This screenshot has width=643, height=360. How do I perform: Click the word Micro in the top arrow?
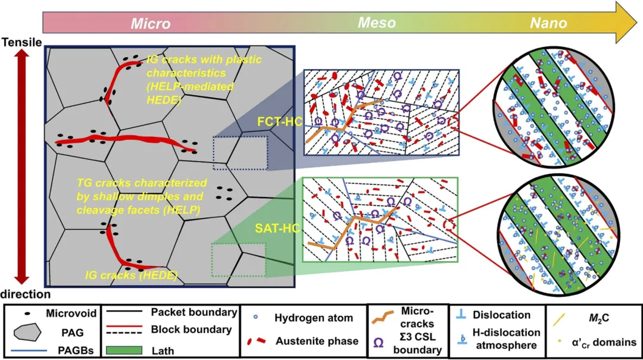click(x=151, y=24)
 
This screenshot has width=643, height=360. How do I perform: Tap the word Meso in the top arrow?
click(x=376, y=23)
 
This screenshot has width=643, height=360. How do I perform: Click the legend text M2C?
click(x=597, y=317)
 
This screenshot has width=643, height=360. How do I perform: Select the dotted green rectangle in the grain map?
click(x=238, y=259)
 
